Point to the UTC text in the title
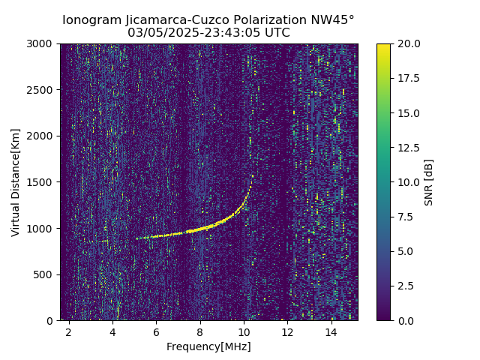pyautogui.click(x=277, y=33)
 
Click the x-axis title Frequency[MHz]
pyautogui.click(x=208, y=346)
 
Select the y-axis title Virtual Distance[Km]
pyautogui.click(x=16, y=182)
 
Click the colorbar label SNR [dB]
pyautogui.click(x=429, y=182)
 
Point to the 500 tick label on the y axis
pyautogui.click(x=45, y=274)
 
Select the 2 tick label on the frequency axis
pyautogui.click(x=69, y=331)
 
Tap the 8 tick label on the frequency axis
pyautogui.click(x=200, y=331)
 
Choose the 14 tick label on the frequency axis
pyautogui.click(x=331, y=331)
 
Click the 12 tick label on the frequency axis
pyautogui.click(x=287, y=331)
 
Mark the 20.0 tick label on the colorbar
pyautogui.click(x=408, y=43)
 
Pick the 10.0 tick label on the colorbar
pyautogui.click(x=408, y=182)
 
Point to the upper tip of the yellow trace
pyautogui.click(x=251, y=176)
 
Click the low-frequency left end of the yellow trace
pyautogui.click(x=137, y=238)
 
